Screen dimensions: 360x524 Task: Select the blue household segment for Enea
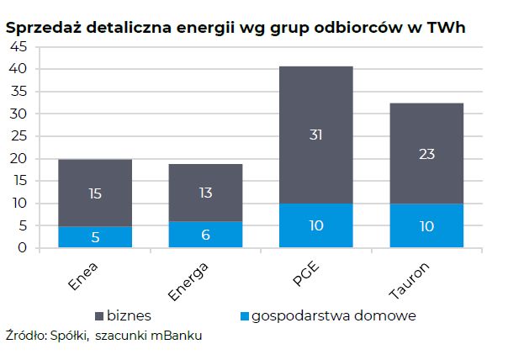pos(95,237)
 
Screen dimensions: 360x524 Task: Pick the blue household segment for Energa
pos(205,235)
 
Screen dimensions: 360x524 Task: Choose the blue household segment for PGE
pos(315,225)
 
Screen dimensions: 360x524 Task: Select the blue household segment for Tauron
pos(426,225)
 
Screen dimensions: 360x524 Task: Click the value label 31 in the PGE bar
pos(315,135)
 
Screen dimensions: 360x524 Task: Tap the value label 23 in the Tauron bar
pos(426,154)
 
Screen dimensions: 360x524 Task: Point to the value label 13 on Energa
pos(205,193)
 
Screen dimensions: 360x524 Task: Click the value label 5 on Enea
pos(95,237)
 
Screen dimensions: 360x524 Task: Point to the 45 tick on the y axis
pos(19,46)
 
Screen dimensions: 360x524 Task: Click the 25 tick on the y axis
pos(19,136)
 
